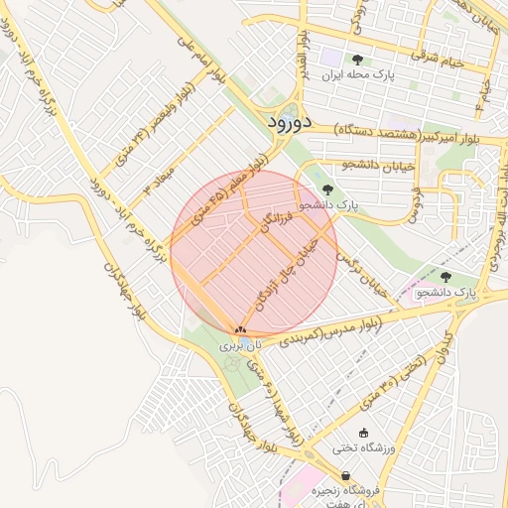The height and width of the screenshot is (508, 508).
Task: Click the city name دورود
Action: pos(290,123)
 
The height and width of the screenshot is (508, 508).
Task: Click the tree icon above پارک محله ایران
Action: pos(357,60)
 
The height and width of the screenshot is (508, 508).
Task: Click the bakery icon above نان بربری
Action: pos(240,328)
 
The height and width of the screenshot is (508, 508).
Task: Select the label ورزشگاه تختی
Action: pos(364,448)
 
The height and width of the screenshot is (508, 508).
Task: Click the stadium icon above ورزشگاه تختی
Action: pos(363,432)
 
